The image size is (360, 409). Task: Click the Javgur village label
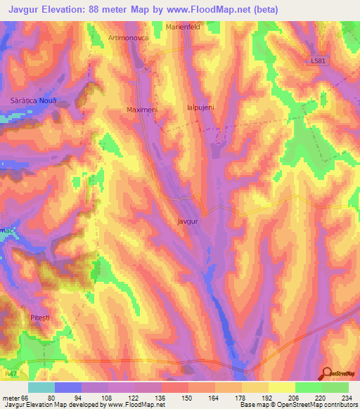[186, 221]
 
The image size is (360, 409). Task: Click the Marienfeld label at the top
[184, 27]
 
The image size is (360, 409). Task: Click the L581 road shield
[319, 61]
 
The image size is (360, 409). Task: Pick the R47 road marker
[10, 376]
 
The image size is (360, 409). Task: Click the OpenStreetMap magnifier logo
[327, 373]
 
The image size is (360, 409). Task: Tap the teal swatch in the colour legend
[41, 387]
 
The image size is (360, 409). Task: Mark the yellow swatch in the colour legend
[281, 387]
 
